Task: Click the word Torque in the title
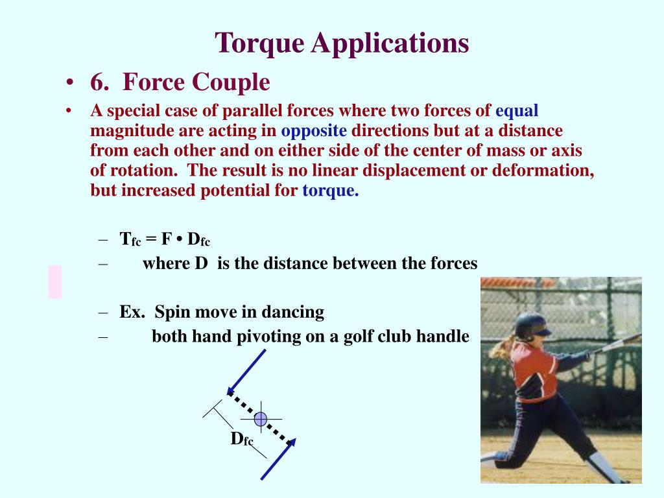(x=260, y=43)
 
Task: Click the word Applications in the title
(x=390, y=43)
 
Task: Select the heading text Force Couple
(x=196, y=82)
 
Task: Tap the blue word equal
(x=517, y=110)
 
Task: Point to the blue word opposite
(x=314, y=130)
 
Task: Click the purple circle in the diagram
(x=261, y=419)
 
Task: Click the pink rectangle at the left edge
(x=55, y=282)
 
